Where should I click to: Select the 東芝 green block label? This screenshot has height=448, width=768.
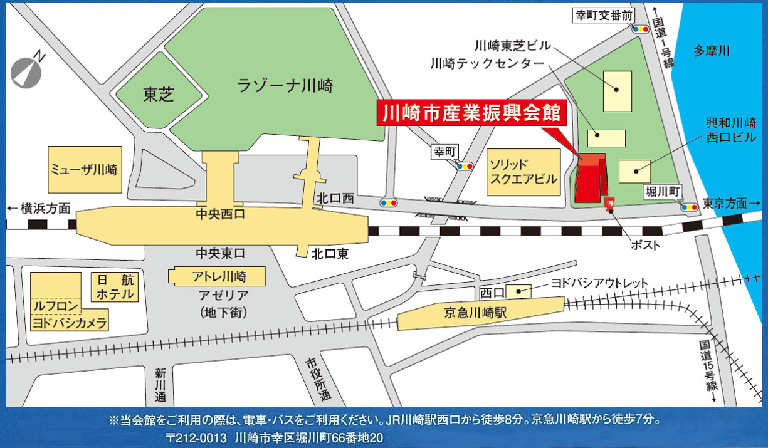coord(159,95)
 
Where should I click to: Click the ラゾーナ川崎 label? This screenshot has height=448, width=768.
coord(285,86)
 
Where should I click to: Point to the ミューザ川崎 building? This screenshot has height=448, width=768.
coord(84,170)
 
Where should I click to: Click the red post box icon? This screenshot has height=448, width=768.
coord(609,204)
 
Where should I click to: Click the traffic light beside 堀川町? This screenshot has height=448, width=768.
coord(690,206)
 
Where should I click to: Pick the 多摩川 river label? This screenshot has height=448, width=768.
coord(712,51)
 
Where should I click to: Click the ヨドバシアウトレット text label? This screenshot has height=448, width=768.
coord(599,283)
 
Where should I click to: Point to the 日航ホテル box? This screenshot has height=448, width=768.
coord(115,287)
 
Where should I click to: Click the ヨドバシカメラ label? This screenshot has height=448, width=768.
coord(69,323)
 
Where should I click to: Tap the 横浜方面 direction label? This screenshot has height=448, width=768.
coord(39,209)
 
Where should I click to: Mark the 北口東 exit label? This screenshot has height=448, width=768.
coord(330,254)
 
